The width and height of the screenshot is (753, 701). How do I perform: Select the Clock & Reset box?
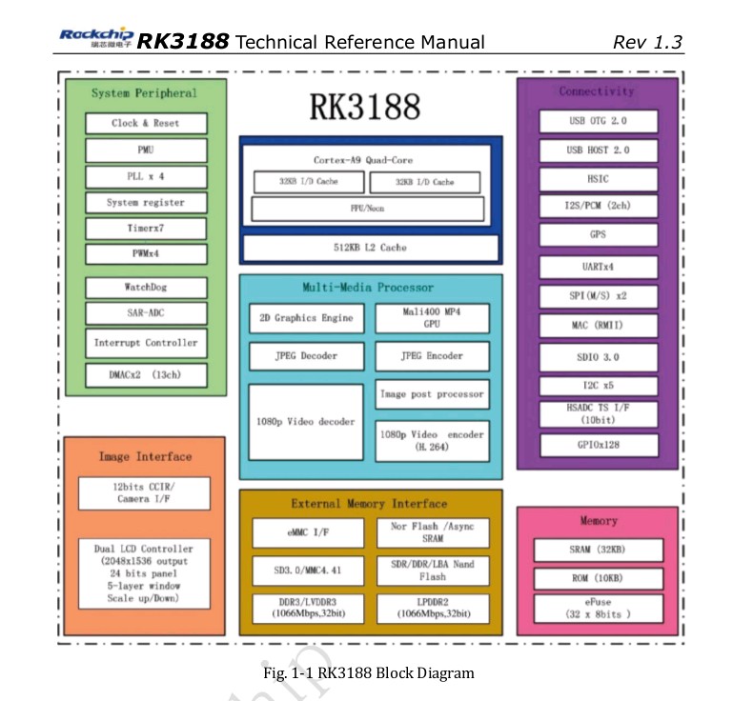145,123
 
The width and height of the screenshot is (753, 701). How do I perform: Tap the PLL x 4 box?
145,176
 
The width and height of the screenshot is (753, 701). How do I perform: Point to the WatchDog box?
145,287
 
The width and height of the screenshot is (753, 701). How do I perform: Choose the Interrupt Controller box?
145,343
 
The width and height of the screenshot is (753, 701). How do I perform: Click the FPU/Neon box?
367,209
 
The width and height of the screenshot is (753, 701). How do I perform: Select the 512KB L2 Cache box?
370,248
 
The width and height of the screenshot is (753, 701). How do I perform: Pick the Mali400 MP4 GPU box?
432,317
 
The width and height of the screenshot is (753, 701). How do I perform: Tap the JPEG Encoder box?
432,356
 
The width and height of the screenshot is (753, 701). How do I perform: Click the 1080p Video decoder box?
305,422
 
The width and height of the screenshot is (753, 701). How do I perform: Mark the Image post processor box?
432,394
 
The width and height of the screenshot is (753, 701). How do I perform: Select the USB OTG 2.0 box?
598,121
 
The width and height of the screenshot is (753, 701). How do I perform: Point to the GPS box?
598,234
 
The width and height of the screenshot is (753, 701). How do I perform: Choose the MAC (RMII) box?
598,325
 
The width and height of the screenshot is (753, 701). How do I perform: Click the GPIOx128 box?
598,445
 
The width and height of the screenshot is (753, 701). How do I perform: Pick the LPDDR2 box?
432,609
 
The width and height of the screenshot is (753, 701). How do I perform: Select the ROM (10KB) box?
598,578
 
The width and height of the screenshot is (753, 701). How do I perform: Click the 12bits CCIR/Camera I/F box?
144,492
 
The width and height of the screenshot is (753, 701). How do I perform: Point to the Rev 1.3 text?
647,42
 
